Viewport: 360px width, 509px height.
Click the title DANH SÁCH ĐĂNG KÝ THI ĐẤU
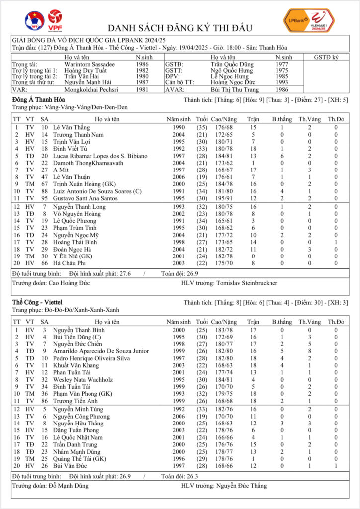pos(180,28)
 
